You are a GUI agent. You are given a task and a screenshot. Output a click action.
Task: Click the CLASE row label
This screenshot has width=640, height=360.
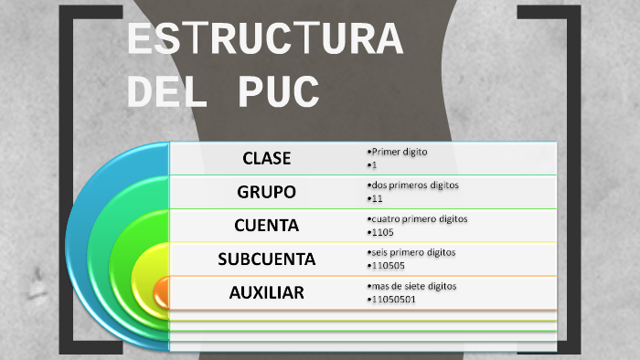pos(266,158)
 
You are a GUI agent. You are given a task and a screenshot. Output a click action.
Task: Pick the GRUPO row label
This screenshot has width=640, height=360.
pos(266,192)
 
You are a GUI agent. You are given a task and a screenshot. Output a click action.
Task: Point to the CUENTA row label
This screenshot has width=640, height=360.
pos(266,225)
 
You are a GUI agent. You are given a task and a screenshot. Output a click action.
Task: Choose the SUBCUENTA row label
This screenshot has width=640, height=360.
pos(266,259)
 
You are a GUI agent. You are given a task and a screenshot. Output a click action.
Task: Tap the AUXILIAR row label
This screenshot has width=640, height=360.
pos(266,292)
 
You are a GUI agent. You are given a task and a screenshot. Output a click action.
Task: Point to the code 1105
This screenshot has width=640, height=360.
pos(382,232)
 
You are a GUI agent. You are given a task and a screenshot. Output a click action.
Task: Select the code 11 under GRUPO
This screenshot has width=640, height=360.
pos(375,198)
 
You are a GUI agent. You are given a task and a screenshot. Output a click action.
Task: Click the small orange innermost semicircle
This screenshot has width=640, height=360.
pos(162,292)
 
